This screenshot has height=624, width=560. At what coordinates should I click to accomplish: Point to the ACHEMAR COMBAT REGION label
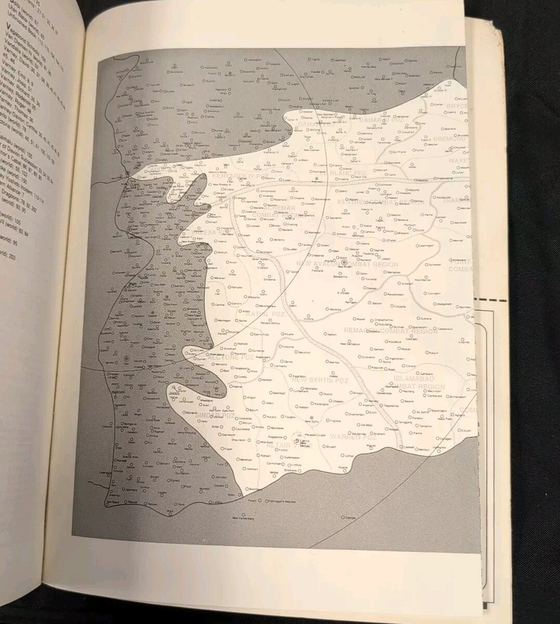tap(279, 211)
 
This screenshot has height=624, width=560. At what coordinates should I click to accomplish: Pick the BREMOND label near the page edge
tap(449, 138)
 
